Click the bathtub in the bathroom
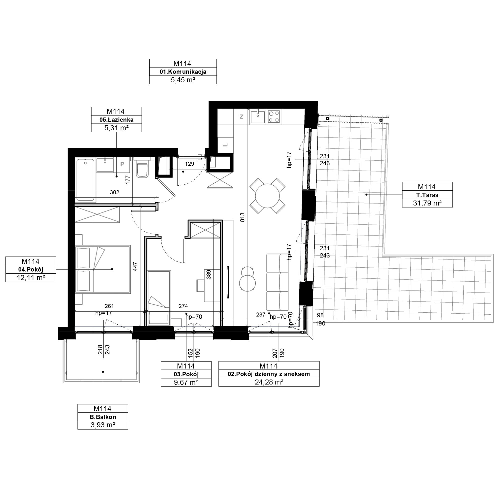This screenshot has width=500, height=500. (85, 179)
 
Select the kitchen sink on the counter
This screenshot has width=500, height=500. (257, 116)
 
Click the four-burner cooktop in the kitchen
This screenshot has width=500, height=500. (274, 116)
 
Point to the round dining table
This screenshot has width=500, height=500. (267, 196)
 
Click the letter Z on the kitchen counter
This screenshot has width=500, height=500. (241, 117)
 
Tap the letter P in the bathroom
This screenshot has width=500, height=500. (122, 164)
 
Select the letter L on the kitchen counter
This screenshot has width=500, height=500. (225, 145)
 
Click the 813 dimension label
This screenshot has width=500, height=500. (242, 217)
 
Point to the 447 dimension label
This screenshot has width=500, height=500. (135, 267)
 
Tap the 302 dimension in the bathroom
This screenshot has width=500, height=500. (114, 192)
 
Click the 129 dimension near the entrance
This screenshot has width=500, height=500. (189, 163)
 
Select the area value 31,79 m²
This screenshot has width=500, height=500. (427, 203)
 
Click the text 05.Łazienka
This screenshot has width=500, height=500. (116, 119)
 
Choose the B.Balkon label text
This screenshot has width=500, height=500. (103, 417)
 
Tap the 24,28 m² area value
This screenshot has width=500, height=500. (269, 382)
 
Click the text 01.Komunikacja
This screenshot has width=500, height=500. (183, 72)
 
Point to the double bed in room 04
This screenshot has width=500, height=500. (103, 269)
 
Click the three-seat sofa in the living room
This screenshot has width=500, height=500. (277, 282)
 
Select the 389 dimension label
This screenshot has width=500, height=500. (208, 274)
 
